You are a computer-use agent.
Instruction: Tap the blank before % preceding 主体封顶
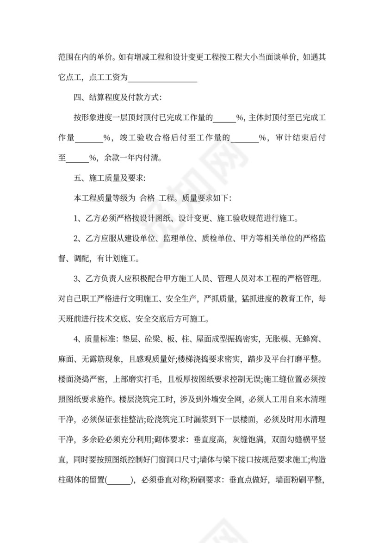[x=224, y=117]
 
